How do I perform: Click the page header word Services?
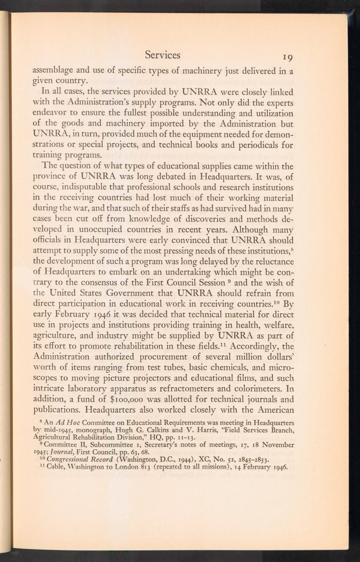pyautogui.click(x=162, y=55)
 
